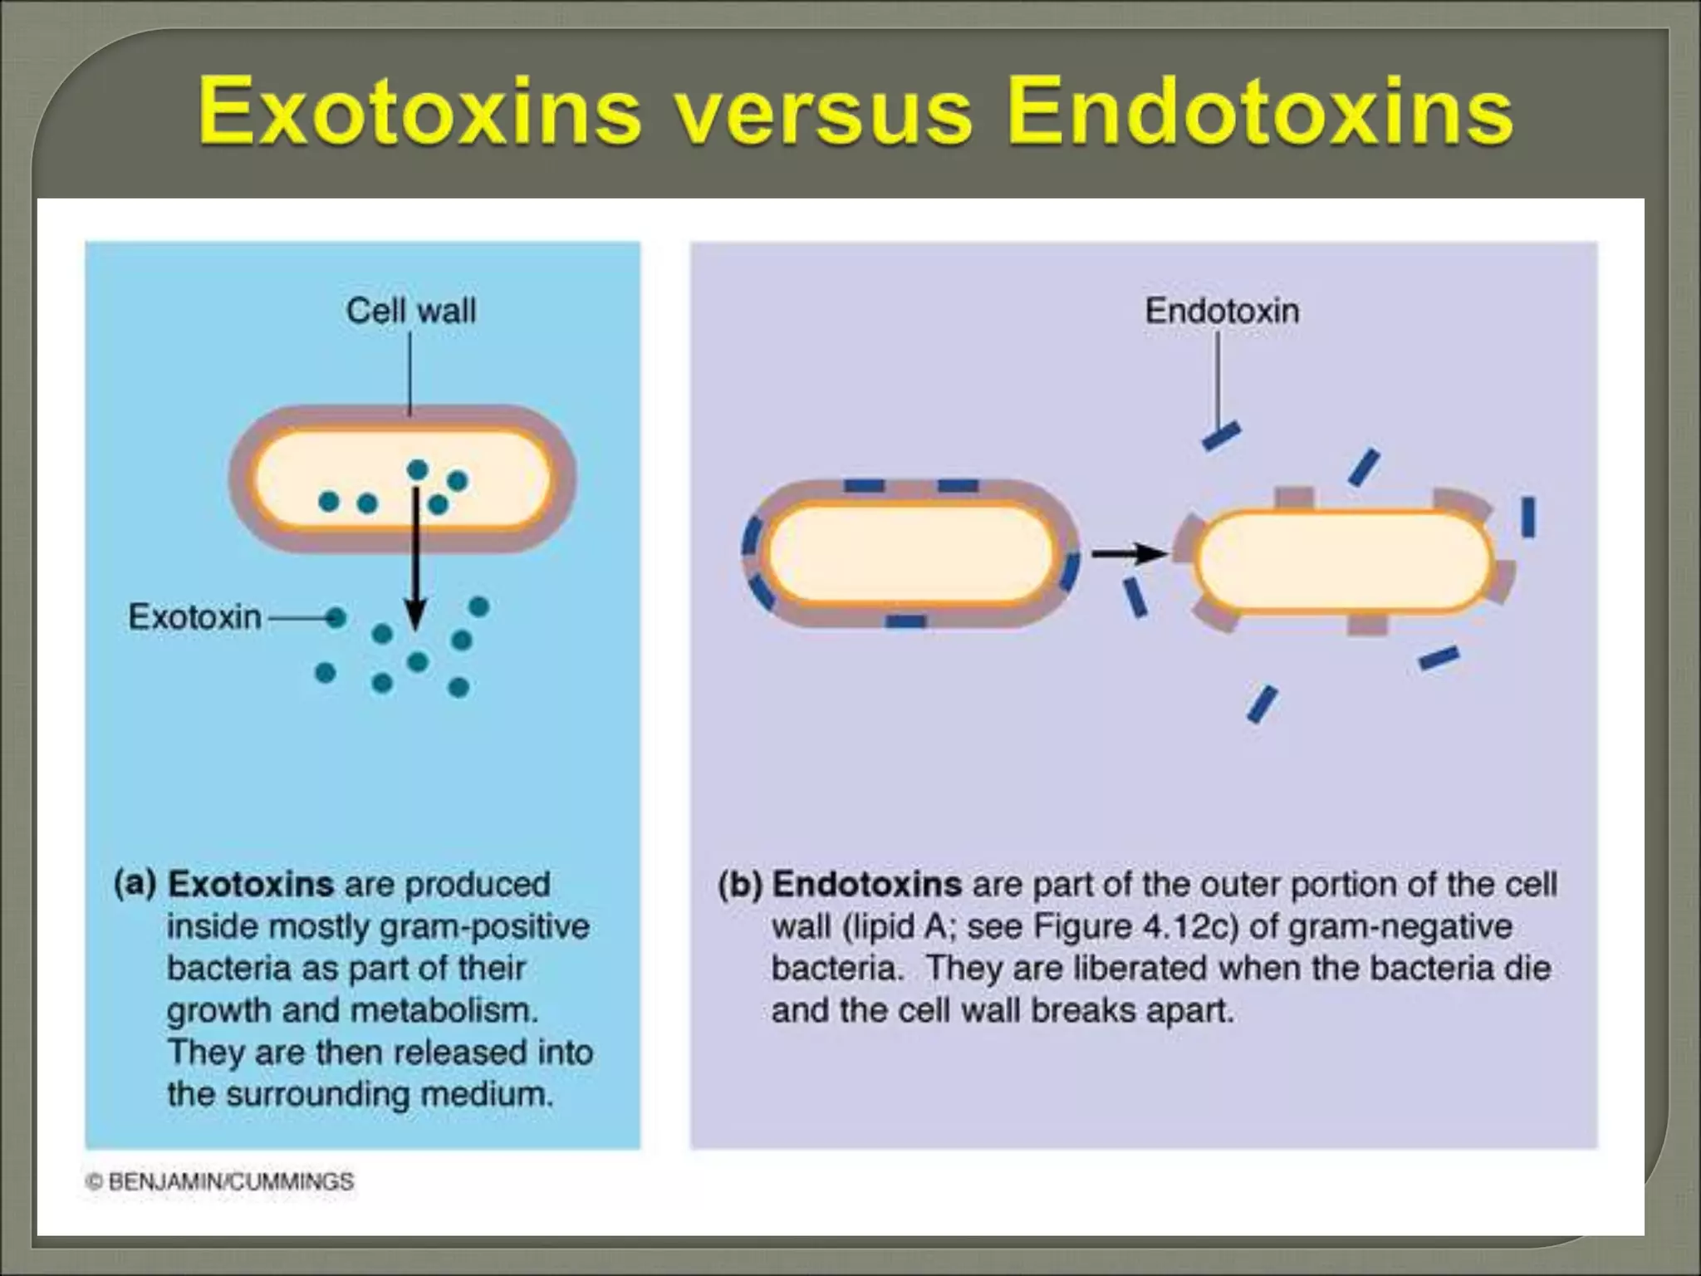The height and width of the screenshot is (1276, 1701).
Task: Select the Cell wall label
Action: coord(410,312)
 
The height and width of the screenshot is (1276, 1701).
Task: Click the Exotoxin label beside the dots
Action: coord(194,617)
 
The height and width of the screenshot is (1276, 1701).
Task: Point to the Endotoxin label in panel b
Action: coord(1222,312)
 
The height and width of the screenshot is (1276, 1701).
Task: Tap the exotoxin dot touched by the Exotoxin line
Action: coord(336,617)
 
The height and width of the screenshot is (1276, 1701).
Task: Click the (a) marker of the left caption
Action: coord(135,883)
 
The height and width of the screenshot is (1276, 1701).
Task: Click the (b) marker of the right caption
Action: coord(740,884)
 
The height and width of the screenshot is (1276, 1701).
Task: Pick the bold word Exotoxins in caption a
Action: coord(251,884)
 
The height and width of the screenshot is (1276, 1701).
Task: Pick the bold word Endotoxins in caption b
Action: coord(866,884)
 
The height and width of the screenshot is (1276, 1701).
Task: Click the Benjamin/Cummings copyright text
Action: coord(221,1181)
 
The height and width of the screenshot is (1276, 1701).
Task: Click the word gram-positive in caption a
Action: coord(483,926)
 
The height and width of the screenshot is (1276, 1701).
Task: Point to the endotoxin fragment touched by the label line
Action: coord(1222,436)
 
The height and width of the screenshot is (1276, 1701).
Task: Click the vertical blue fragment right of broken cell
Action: coord(1528,517)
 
